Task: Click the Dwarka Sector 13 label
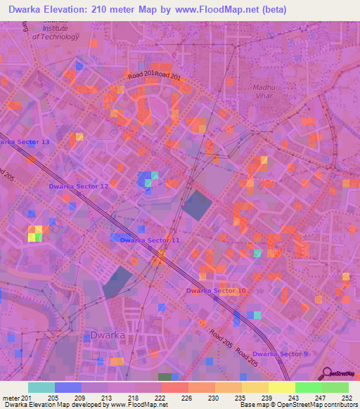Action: pyautogui.click(x=25, y=142)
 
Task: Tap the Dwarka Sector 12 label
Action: pyautogui.click(x=78, y=186)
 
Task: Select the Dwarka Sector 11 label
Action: pyautogui.click(x=150, y=240)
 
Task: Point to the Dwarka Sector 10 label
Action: pyautogui.click(x=216, y=290)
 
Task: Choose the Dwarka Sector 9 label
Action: pyautogui.click(x=280, y=353)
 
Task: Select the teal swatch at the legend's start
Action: pyautogui.click(x=41, y=387)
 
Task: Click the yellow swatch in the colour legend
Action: pyautogui.click(x=281, y=387)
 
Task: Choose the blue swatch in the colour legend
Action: pyautogui.click(x=68, y=387)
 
